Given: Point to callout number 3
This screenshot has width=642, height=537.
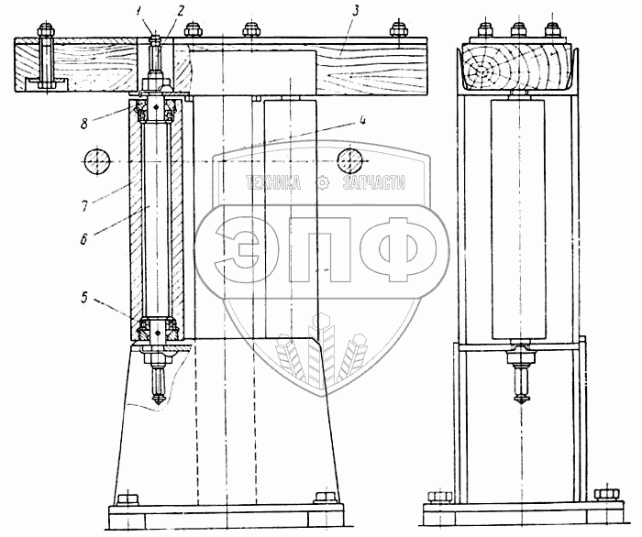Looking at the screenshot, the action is pos(355,11).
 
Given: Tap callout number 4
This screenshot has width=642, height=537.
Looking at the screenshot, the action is pos(362,120).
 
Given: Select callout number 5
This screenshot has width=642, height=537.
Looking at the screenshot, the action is pos(84,297).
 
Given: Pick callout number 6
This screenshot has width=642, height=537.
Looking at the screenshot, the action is pos(83,239).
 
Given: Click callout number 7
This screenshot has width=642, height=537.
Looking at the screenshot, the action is pos(84,205).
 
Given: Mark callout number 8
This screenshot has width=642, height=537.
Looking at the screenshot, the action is pos(84,124).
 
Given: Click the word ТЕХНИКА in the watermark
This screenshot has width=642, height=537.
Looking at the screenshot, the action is pos(272,182).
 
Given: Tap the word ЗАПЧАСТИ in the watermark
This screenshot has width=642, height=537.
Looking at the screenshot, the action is pos(374,182).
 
